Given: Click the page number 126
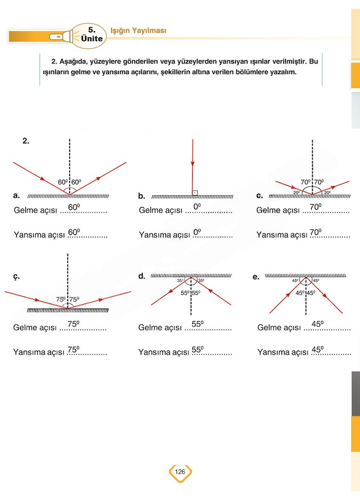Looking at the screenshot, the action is point(180,472).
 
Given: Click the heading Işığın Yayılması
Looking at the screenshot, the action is point(138,31).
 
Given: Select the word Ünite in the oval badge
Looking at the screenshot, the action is point(92,39).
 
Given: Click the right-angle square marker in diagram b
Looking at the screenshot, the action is point(195,193).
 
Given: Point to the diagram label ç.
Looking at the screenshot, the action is point(16,277).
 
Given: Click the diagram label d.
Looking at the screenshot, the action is point(141,276).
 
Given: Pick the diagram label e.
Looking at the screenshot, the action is point(255,277).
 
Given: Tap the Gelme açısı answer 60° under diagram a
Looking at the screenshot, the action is point(74,207).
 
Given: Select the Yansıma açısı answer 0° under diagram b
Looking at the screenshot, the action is point(197,232).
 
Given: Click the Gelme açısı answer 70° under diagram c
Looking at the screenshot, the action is point(315,207).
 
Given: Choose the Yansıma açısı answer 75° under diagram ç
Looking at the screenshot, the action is point(73,350).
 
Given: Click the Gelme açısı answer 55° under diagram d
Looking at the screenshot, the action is point(197,324).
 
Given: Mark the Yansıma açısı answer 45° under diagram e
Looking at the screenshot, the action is point(318,350).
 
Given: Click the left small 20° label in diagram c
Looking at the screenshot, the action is point(296,193).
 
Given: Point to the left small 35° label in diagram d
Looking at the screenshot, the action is point(180,280).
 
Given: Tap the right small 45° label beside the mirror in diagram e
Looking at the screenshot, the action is point(316,280).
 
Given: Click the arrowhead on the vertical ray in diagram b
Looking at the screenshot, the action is point(192,164).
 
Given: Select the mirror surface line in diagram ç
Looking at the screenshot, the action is point(68,310).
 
